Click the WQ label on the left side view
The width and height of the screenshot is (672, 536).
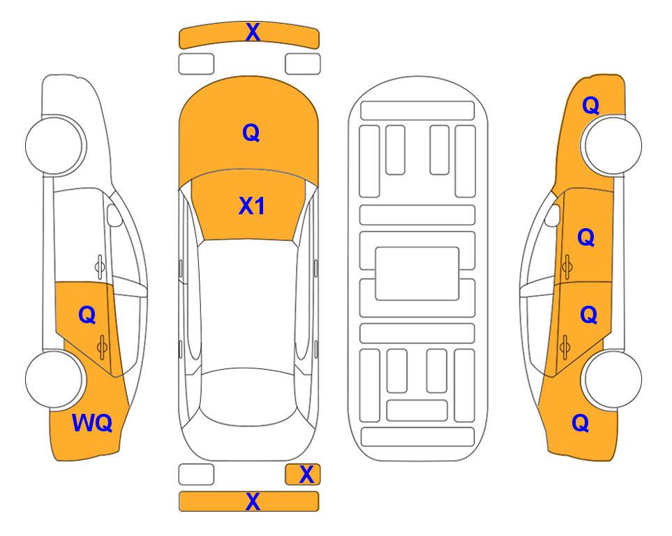tap(92, 423)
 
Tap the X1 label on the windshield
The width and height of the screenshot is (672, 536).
tap(252, 206)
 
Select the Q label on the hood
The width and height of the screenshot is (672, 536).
tap(251, 133)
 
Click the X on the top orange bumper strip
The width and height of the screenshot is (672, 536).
tap(253, 32)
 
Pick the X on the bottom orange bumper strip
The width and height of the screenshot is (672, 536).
tap(253, 501)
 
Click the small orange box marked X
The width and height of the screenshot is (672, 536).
tap(303, 475)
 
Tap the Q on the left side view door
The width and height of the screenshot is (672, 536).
tap(87, 315)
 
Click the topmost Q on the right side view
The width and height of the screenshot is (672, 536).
tap(590, 105)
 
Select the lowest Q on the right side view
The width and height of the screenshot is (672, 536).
tap(581, 423)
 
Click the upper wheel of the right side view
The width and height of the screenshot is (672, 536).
tap(613, 145)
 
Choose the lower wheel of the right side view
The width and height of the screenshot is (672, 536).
tap(613, 379)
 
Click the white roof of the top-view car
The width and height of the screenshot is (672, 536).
tap(248, 304)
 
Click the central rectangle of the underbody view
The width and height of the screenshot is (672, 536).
tap(417, 274)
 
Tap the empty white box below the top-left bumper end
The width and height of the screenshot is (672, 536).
tap(196, 64)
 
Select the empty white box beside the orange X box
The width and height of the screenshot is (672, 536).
tap(196, 475)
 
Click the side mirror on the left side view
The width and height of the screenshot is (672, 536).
tap(114, 215)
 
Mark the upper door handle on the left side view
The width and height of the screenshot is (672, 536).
tap(99, 267)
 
